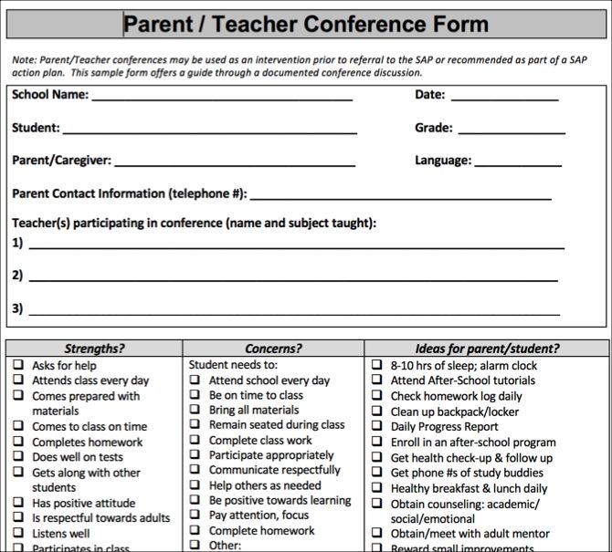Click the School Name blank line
[x=221, y=99]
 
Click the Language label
[x=443, y=161]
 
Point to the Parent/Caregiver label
[x=61, y=161]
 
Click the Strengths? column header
[x=94, y=349]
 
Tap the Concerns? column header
[x=273, y=349]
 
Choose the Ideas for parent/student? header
[x=487, y=349]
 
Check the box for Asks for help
[x=18, y=365]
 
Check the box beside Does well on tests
[x=18, y=457]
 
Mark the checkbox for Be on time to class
[x=195, y=395]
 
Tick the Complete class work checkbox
[x=195, y=440]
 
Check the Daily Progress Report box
[x=376, y=426]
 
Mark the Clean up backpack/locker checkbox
[x=376, y=411]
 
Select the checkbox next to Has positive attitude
[x=18, y=503]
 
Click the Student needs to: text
[x=232, y=365]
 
